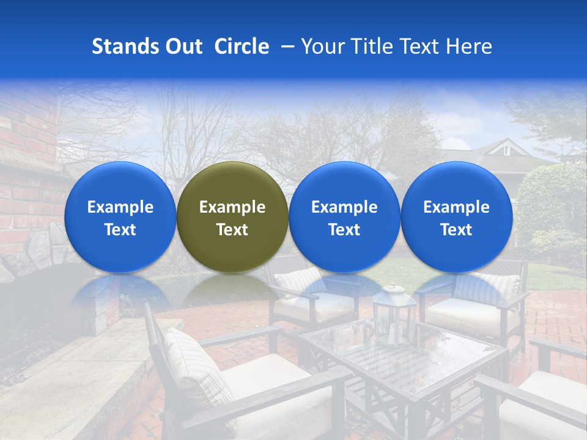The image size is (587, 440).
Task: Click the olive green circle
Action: click(232, 217)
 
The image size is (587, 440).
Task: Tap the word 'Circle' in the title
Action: click(242, 46)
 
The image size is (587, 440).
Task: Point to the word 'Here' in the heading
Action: click(469, 46)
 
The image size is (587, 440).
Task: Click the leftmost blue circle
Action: click(120, 217)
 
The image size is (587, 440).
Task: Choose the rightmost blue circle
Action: click(456, 217)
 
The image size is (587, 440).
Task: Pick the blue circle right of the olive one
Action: click(344, 217)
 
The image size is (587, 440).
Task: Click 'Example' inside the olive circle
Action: click(232, 207)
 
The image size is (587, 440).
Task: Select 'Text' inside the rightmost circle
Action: click(456, 230)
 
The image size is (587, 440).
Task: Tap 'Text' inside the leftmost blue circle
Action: click(120, 230)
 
